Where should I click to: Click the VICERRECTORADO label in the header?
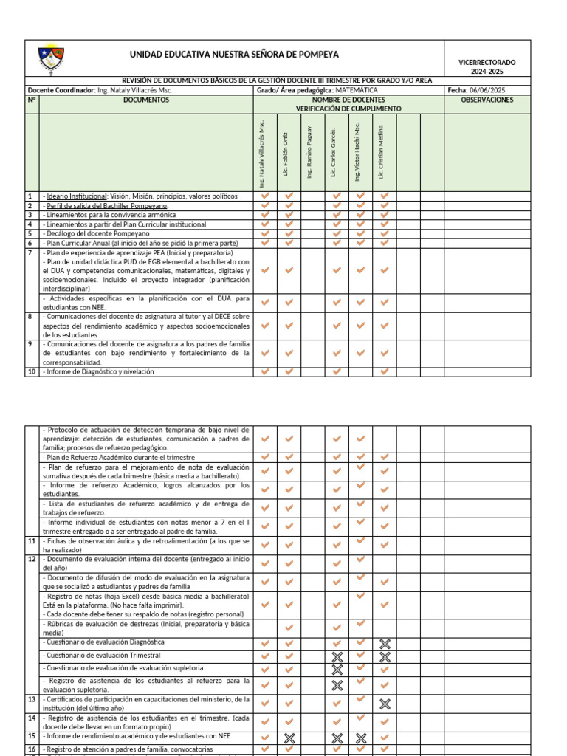(487, 63)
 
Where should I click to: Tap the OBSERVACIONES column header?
(487, 100)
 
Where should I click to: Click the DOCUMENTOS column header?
(145, 100)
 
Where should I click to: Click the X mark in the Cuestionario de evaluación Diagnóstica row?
(384, 643)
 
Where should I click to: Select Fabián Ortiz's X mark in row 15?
(289, 737)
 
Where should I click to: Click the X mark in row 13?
(384, 704)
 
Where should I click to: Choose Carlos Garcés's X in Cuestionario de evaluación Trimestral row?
(337, 656)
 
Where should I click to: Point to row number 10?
(32, 372)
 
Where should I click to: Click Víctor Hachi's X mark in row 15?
(360, 737)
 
